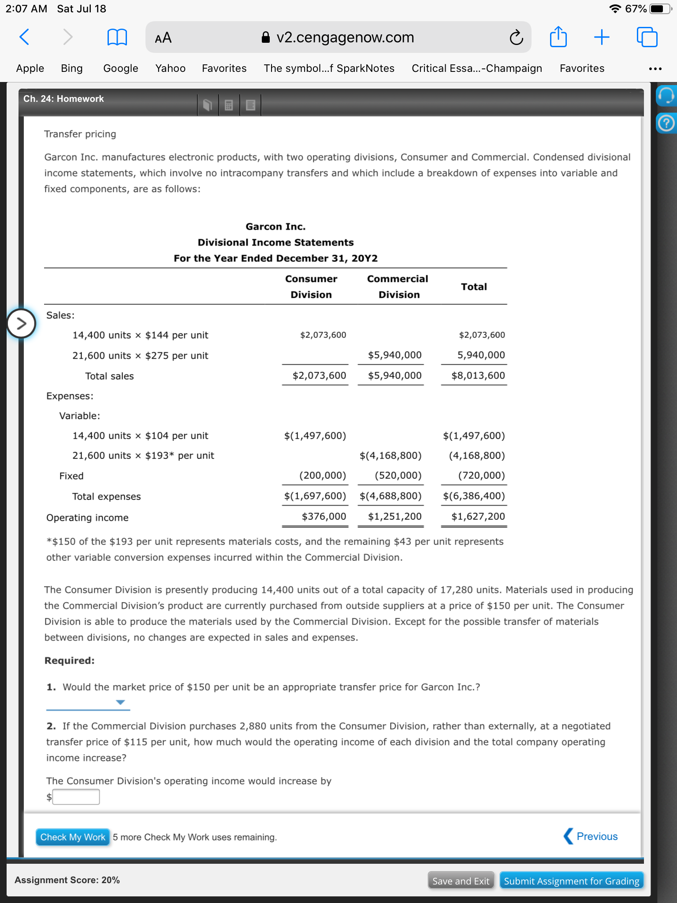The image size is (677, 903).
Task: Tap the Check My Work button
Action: click(x=73, y=837)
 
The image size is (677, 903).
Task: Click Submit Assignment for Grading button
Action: click(x=571, y=881)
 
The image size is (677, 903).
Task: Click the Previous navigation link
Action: click(x=591, y=836)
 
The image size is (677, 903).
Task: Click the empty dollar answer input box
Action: click(x=76, y=797)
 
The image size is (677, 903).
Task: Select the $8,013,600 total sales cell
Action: click(x=478, y=376)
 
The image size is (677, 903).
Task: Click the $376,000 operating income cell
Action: click(x=324, y=516)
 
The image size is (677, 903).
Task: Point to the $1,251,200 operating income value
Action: click(x=394, y=516)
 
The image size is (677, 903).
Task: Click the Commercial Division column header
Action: click(x=398, y=287)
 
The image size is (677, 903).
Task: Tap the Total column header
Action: click(x=474, y=287)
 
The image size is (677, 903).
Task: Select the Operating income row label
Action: click(x=87, y=518)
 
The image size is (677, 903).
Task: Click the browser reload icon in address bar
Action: click(x=516, y=37)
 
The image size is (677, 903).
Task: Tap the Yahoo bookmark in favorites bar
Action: click(x=170, y=68)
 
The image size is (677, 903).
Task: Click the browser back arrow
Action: click(x=25, y=37)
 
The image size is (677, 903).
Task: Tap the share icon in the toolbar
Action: click(x=558, y=37)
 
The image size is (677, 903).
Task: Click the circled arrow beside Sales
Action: click(x=21, y=324)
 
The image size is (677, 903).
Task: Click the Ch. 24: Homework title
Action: click(x=63, y=99)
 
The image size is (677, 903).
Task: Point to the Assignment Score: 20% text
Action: click(x=67, y=880)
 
